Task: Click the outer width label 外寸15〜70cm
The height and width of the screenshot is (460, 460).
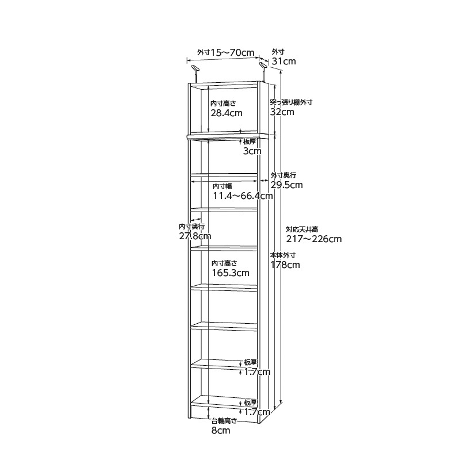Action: coord(225,52)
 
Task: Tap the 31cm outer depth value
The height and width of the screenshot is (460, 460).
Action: coord(283,62)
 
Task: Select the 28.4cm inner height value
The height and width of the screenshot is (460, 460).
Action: coord(227,113)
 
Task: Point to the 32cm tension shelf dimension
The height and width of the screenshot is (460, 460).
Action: coord(282,112)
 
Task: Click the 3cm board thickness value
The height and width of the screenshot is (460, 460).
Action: coord(252,151)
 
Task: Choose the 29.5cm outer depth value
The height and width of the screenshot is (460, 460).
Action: coord(286,185)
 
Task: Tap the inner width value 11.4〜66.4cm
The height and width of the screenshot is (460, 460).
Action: coord(243,195)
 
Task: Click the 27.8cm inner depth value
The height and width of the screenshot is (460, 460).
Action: coord(195,236)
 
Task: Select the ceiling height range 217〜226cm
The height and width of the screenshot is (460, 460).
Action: coord(314,239)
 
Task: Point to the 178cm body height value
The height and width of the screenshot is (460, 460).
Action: coord(285,264)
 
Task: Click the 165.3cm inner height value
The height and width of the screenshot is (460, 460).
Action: coord(231,273)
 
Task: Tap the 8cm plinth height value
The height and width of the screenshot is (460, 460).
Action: coord(221,430)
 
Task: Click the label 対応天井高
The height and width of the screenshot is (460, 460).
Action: coord(302,229)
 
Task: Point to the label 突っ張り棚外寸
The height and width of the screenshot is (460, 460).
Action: coord(291,102)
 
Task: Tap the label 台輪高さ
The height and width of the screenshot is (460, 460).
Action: coord(224,421)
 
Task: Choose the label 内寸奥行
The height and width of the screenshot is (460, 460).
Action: coord(191,227)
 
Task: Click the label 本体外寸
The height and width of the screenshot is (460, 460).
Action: coord(283,255)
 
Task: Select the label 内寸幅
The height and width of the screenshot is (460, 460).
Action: coord(222,186)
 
